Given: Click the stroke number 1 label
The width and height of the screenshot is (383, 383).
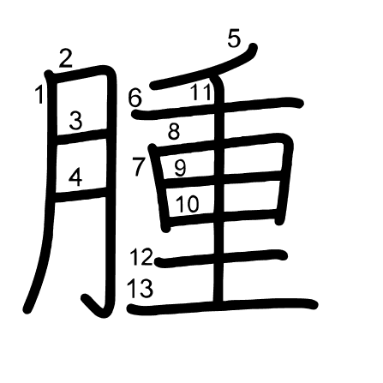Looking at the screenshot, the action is (39, 94).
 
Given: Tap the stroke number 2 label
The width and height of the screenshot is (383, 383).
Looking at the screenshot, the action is (66, 58).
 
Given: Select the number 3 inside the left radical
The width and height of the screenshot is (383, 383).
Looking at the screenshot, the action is (76, 121).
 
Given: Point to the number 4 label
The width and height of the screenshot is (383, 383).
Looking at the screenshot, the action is (75, 177).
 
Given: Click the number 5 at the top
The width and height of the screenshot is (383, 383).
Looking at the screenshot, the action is (234, 39).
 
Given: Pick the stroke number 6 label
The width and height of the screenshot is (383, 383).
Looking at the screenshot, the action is (135, 99).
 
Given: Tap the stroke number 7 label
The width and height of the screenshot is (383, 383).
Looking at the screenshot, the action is (139, 166).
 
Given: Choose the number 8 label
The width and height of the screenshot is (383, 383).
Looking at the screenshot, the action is (174, 131).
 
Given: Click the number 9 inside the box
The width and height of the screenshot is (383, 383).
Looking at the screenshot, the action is (180, 168).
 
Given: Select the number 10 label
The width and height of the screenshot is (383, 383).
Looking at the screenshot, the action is (187, 204).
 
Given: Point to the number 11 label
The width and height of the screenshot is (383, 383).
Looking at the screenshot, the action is (201, 92).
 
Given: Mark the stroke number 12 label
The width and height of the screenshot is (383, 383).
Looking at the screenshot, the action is (141, 257).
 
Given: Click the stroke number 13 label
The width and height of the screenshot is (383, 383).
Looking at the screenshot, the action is (140, 288).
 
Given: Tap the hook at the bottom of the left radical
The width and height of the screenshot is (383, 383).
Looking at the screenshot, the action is (94, 306).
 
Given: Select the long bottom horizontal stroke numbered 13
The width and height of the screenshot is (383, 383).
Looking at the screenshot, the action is (222, 307).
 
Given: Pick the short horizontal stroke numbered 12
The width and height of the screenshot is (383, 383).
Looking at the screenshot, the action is (220, 259).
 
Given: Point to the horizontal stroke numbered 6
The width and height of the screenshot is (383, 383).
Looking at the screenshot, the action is (217, 108).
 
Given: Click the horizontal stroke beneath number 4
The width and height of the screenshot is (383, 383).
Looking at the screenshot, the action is (81, 194).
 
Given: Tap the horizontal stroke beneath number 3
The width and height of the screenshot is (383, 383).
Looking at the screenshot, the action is (81, 136).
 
